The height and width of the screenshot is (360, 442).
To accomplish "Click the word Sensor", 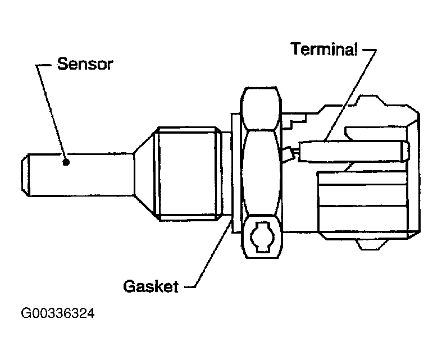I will [x=85, y=63].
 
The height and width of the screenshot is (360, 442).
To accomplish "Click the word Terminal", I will [x=323, y=49].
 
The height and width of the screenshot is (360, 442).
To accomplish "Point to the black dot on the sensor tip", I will [x=67, y=162].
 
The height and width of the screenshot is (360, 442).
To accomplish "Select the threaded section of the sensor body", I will [x=188, y=173].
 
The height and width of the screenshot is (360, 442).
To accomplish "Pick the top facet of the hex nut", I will [x=259, y=107].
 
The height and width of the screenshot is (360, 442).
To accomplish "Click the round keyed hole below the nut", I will [x=261, y=236].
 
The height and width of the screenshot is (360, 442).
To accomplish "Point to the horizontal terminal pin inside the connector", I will [x=348, y=151].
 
